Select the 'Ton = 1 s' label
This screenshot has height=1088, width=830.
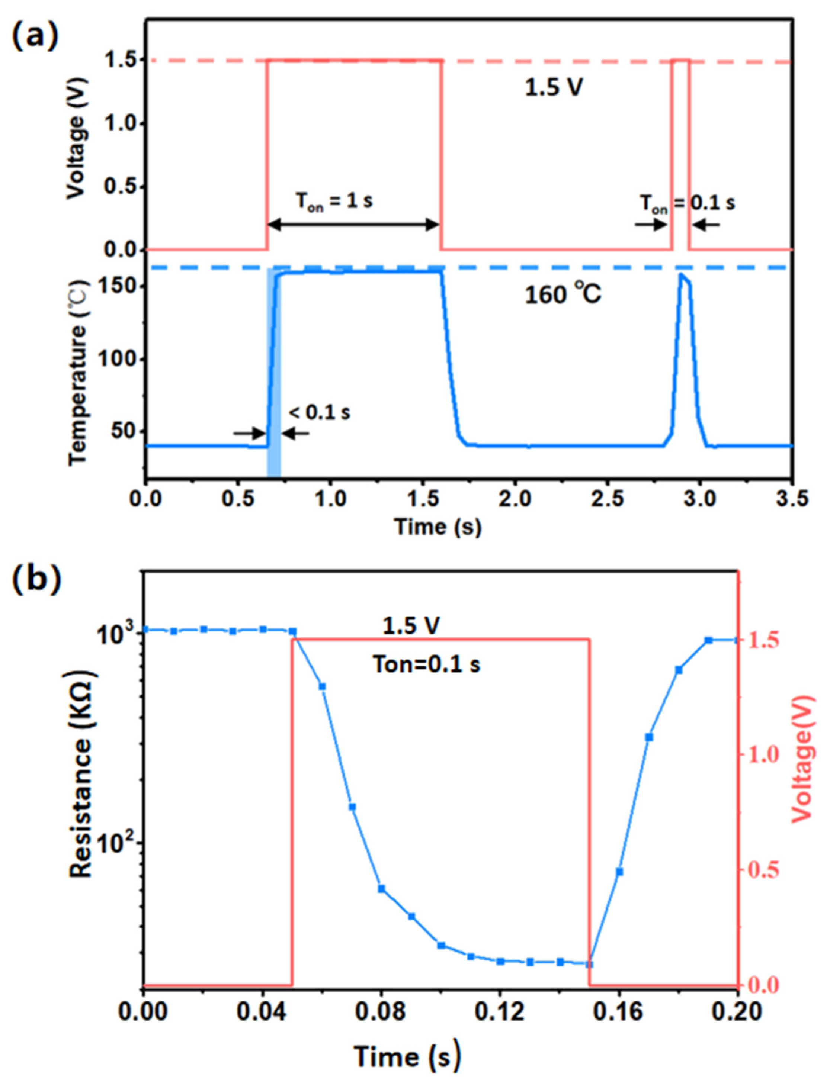click(x=334, y=202)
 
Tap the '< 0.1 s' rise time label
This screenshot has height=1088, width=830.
click(x=320, y=412)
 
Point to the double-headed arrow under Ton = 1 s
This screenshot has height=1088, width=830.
click(x=353, y=225)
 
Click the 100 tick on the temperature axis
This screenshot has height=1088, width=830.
click(x=116, y=359)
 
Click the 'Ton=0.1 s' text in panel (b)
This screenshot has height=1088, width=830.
click(x=426, y=665)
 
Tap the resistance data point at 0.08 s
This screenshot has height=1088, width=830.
click(x=381, y=889)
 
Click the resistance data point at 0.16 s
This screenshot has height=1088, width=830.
click(x=619, y=872)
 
